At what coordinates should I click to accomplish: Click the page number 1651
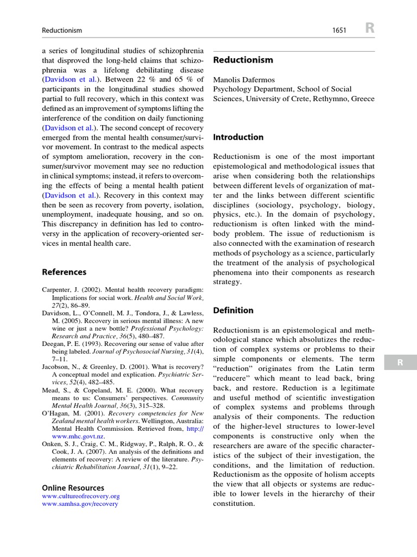pos(340,30)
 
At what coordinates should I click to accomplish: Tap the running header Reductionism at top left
pos(62,30)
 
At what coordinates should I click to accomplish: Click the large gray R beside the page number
pos(369,29)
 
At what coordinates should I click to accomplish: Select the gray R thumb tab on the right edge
pos(400,362)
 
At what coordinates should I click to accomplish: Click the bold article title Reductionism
pos(243,60)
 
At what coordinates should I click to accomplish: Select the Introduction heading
pos(238,137)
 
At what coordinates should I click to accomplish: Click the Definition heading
pos(233,310)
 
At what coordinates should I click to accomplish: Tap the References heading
pos(64,272)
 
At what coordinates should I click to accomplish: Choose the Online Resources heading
pos(73,488)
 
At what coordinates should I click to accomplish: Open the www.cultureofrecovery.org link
pos(81,496)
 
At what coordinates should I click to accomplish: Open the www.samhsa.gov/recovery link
pos(80,504)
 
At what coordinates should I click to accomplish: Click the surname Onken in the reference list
pos(52,444)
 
